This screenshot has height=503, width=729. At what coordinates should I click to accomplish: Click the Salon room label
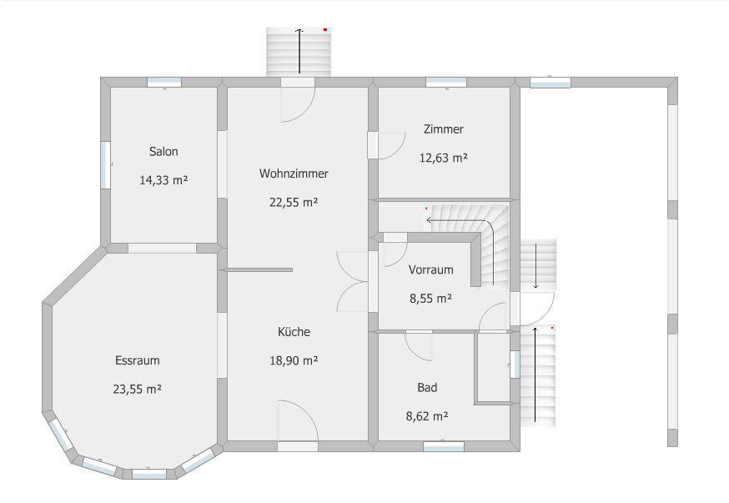[x=163, y=152]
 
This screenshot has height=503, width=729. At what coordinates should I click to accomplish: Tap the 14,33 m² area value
[x=163, y=180]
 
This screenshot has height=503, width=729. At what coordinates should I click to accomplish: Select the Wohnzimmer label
[x=294, y=174]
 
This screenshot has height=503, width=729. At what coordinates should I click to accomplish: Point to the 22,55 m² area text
[x=294, y=202]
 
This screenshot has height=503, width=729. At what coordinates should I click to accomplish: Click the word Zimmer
[x=444, y=129]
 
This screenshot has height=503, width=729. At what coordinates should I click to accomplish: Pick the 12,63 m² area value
[x=444, y=158]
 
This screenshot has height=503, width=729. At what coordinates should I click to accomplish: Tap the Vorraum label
[x=431, y=269]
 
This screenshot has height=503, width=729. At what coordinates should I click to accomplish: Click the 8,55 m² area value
[x=431, y=299]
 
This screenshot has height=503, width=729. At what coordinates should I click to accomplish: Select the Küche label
[x=294, y=332]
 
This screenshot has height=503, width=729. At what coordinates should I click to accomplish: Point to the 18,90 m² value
[x=294, y=360]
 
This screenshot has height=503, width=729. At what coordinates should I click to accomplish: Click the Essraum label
[x=138, y=360]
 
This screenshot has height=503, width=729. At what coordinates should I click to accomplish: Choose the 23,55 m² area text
[x=138, y=389]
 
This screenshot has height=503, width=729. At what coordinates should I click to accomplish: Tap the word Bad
[x=427, y=387]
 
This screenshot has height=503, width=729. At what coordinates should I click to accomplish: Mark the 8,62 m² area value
[x=427, y=416]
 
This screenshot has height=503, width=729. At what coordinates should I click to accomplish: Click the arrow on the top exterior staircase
[x=299, y=51]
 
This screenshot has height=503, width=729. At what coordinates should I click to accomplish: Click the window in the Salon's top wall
[x=164, y=83]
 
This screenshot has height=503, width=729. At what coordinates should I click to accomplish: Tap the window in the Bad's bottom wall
[x=444, y=446]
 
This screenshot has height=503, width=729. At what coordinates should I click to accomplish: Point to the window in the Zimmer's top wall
[x=446, y=83]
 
